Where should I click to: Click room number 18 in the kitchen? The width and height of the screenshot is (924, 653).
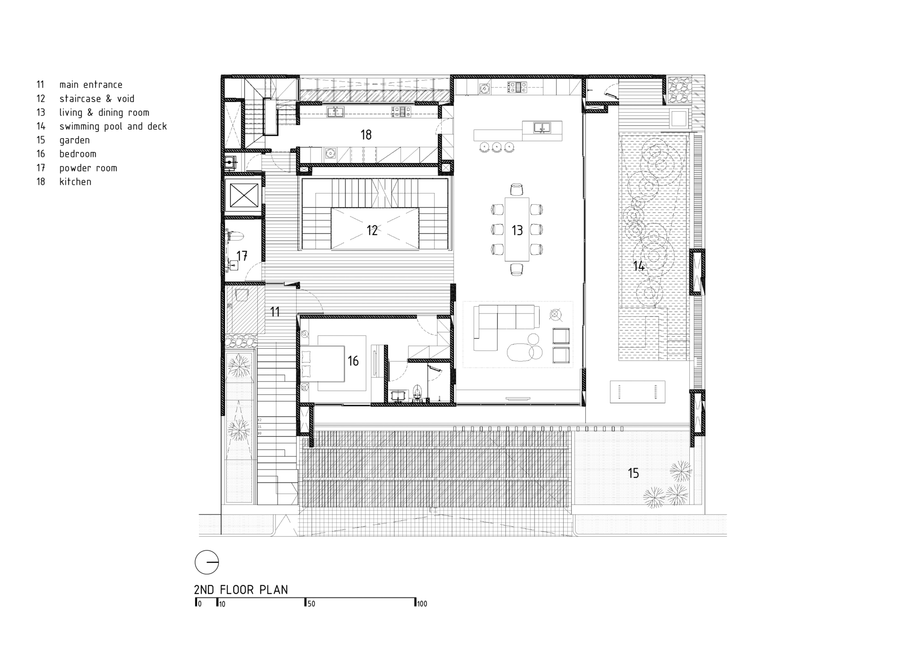click(366, 135)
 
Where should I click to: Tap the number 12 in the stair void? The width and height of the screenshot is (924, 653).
click(372, 230)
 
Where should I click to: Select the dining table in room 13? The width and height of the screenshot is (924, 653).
click(517, 230)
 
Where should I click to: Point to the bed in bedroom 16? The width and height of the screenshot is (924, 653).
click(323, 363)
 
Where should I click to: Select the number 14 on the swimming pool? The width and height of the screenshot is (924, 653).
click(638, 266)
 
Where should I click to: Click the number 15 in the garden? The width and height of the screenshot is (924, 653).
click(633, 473)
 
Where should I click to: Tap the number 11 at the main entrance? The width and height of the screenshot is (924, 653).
click(275, 312)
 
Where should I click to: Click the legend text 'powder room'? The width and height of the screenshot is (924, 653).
click(88, 168)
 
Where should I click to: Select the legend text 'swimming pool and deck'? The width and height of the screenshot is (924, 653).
click(113, 127)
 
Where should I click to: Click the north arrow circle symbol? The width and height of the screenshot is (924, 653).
click(207, 562)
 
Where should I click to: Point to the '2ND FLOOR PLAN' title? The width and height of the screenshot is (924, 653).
click(241, 590)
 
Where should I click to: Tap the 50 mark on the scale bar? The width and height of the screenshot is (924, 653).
click(311, 604)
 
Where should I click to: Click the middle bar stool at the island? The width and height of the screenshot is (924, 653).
click(497, 147)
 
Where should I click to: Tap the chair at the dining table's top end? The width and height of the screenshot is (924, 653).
click(517, 189)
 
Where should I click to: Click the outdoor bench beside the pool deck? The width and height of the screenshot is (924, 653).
click(637, 392)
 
